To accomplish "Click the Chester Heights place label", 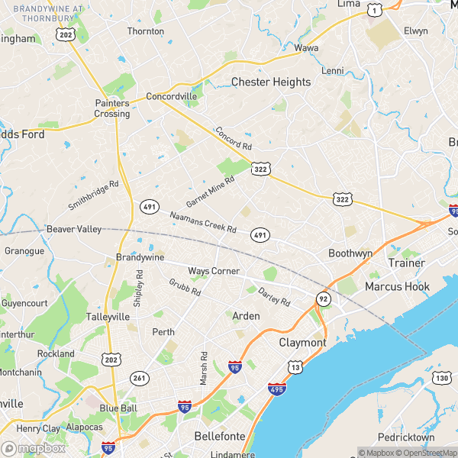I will pos(271,82).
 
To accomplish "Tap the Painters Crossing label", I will pos(112,108).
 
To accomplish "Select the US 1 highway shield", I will pos(374,9).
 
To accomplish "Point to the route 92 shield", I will pos(324,298).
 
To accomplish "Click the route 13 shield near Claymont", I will pos(295,369).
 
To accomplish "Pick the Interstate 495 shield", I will pos(277,389).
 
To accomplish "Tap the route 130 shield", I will pos(442,377).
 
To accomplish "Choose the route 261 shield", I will pos(139,377).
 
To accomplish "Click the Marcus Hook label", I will pos(397,287).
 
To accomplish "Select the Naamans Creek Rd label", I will pos(203,222).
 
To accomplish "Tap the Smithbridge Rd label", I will pos(94,195).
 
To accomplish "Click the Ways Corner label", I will pos(214,271).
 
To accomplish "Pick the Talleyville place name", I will pos(108,316).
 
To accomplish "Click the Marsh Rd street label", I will pos(204,368).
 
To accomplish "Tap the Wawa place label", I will pos(306,47).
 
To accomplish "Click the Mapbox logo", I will pos(32,449).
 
